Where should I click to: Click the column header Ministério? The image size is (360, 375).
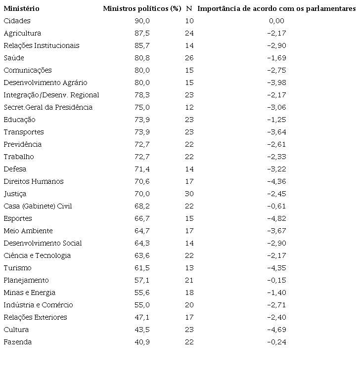pyautogui.click(x=21, y=8)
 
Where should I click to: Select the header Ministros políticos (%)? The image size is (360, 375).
pyautogui.click(x=142, y=8)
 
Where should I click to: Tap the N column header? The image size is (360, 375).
pyautogui.click(x=189, y=8)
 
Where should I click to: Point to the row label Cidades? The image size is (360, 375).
pyautogui.click(x=17, y=21)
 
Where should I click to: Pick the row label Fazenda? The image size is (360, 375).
pyautogui.click(x=17, y=342)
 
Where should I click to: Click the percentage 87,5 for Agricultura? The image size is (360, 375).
pyautogui.click(x=142, y=33)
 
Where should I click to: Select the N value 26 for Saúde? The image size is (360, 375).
pyautogui.click(x=189, y=58)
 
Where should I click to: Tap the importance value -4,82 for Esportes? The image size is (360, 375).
pyautogui.click(x=276, y=218)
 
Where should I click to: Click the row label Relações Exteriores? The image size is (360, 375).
pyautogui.click(x=35, y=317)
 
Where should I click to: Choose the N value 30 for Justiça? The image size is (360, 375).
pyautogui.click(x=189, y=194)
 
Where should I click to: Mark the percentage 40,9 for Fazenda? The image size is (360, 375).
pyautogui.click(x=142, y=342)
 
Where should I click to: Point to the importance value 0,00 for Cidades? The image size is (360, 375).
pyautogui.click(x=276, y=21)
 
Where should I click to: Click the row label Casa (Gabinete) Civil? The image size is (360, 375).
pyautogui.click(x=38, y=206)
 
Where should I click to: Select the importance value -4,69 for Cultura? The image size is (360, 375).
pyautogui.click(x=276, y=330)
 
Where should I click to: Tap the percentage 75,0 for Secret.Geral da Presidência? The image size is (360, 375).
pyautogui.click(x=142, y=107)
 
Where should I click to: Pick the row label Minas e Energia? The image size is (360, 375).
pyautogui.click(x=29, y=292)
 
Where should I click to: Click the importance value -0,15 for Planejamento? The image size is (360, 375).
pyautogui.click(x=276, y=280)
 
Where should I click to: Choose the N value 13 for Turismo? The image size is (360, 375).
pyautogui.click(x=189, y=268)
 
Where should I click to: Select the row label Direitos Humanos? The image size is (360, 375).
pyautogui.click(x=33, y=181)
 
